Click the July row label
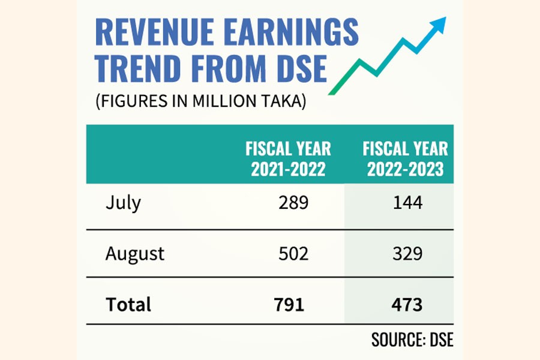tap(123, 203)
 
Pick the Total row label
tap(128, 304)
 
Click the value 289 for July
tap(293, 203)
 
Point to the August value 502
tap(293, 253)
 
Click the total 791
tap(289, 304)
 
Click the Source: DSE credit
tap(412, 339)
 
